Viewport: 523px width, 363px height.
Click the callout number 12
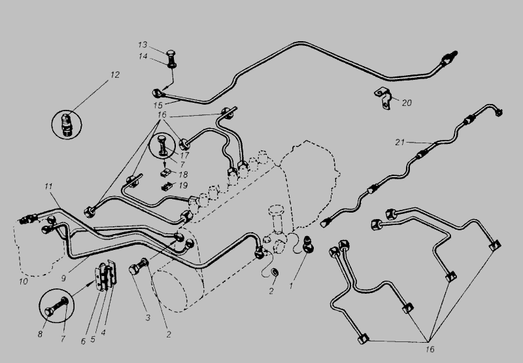pos(115,75)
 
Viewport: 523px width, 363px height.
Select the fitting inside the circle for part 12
pos(67,125)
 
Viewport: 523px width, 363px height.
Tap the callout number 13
pos(143,44)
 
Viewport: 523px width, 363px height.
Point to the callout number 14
pos(143,56)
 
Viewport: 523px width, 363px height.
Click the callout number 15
pos(158,105)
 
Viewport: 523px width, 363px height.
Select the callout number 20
pos(407,103)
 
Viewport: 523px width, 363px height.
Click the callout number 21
pos(399,143)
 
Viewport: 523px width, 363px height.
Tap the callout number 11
pos(48,186)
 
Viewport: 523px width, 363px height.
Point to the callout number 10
pos(23,281)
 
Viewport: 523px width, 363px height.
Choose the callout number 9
pos(63,278)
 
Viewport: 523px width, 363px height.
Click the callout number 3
pos(148,317)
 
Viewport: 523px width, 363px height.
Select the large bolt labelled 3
pos(139,266)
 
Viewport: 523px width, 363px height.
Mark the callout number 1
pos(291,286)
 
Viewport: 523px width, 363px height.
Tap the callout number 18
pos(183,175)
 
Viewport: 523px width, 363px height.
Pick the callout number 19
pos(183,186)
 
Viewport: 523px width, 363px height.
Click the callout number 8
pos(40,334)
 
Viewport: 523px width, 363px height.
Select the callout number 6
pos(84,341)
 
